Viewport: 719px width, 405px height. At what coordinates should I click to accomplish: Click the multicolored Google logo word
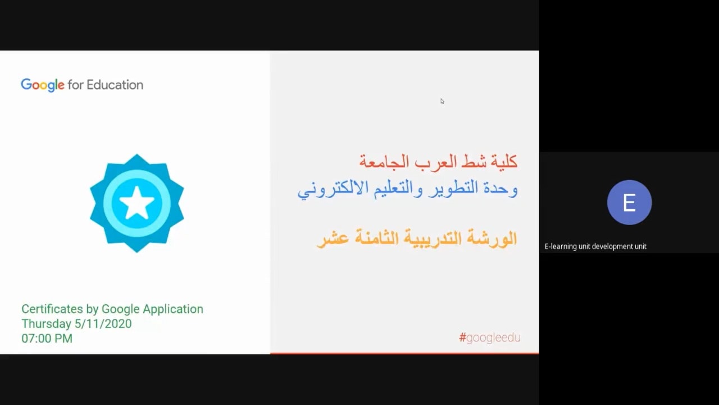click(43, 85)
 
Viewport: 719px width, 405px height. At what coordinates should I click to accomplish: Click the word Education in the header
click(115, 85)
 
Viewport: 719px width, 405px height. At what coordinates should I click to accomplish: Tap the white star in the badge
click(136, 203)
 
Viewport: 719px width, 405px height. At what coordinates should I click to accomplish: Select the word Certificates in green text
click(52, 309)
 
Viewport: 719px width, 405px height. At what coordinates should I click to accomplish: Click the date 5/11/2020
click(103, 323)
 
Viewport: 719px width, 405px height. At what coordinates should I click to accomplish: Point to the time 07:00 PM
click(47, 339)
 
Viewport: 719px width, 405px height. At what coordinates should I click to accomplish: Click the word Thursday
click(47, 324)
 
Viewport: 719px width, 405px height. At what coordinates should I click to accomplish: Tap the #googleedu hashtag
click(489, 338)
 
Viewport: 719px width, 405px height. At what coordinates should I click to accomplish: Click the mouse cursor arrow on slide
click(442, 101)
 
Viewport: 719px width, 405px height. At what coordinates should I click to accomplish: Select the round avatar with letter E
click(629, 202)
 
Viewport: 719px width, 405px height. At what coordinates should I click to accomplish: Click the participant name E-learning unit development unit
click(595, 246)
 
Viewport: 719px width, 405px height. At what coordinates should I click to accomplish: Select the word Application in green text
click(173, 309)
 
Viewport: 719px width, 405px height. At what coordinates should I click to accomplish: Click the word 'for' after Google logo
click(75, 85)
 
